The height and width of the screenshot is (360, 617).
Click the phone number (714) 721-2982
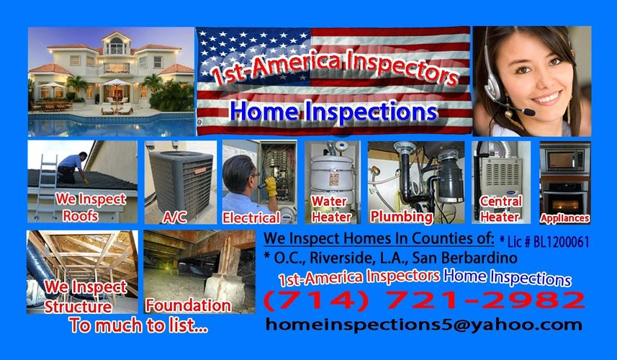(424, 301)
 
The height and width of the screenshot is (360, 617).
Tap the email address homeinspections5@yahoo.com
(424, 325)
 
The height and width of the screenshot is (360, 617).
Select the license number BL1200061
(562, 242)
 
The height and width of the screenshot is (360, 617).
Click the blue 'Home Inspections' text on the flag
(333, 112)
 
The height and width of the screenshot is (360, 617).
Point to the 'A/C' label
(174, 217)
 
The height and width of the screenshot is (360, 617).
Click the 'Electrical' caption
(251, 217)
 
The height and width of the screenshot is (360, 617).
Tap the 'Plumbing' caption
(401, 217)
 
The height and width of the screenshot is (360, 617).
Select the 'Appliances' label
(564, 218)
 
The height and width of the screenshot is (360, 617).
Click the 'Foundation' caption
(188, 306)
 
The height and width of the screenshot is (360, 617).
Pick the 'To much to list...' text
(138, 325)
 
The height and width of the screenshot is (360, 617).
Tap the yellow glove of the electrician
(271, 186)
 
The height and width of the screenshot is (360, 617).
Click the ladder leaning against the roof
(45, 187)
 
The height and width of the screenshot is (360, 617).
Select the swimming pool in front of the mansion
(111, 125)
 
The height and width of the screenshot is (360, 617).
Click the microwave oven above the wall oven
(564, 159)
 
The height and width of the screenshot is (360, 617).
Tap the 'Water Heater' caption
(331, 209)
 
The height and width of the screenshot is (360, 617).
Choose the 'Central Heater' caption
(500, 209)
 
